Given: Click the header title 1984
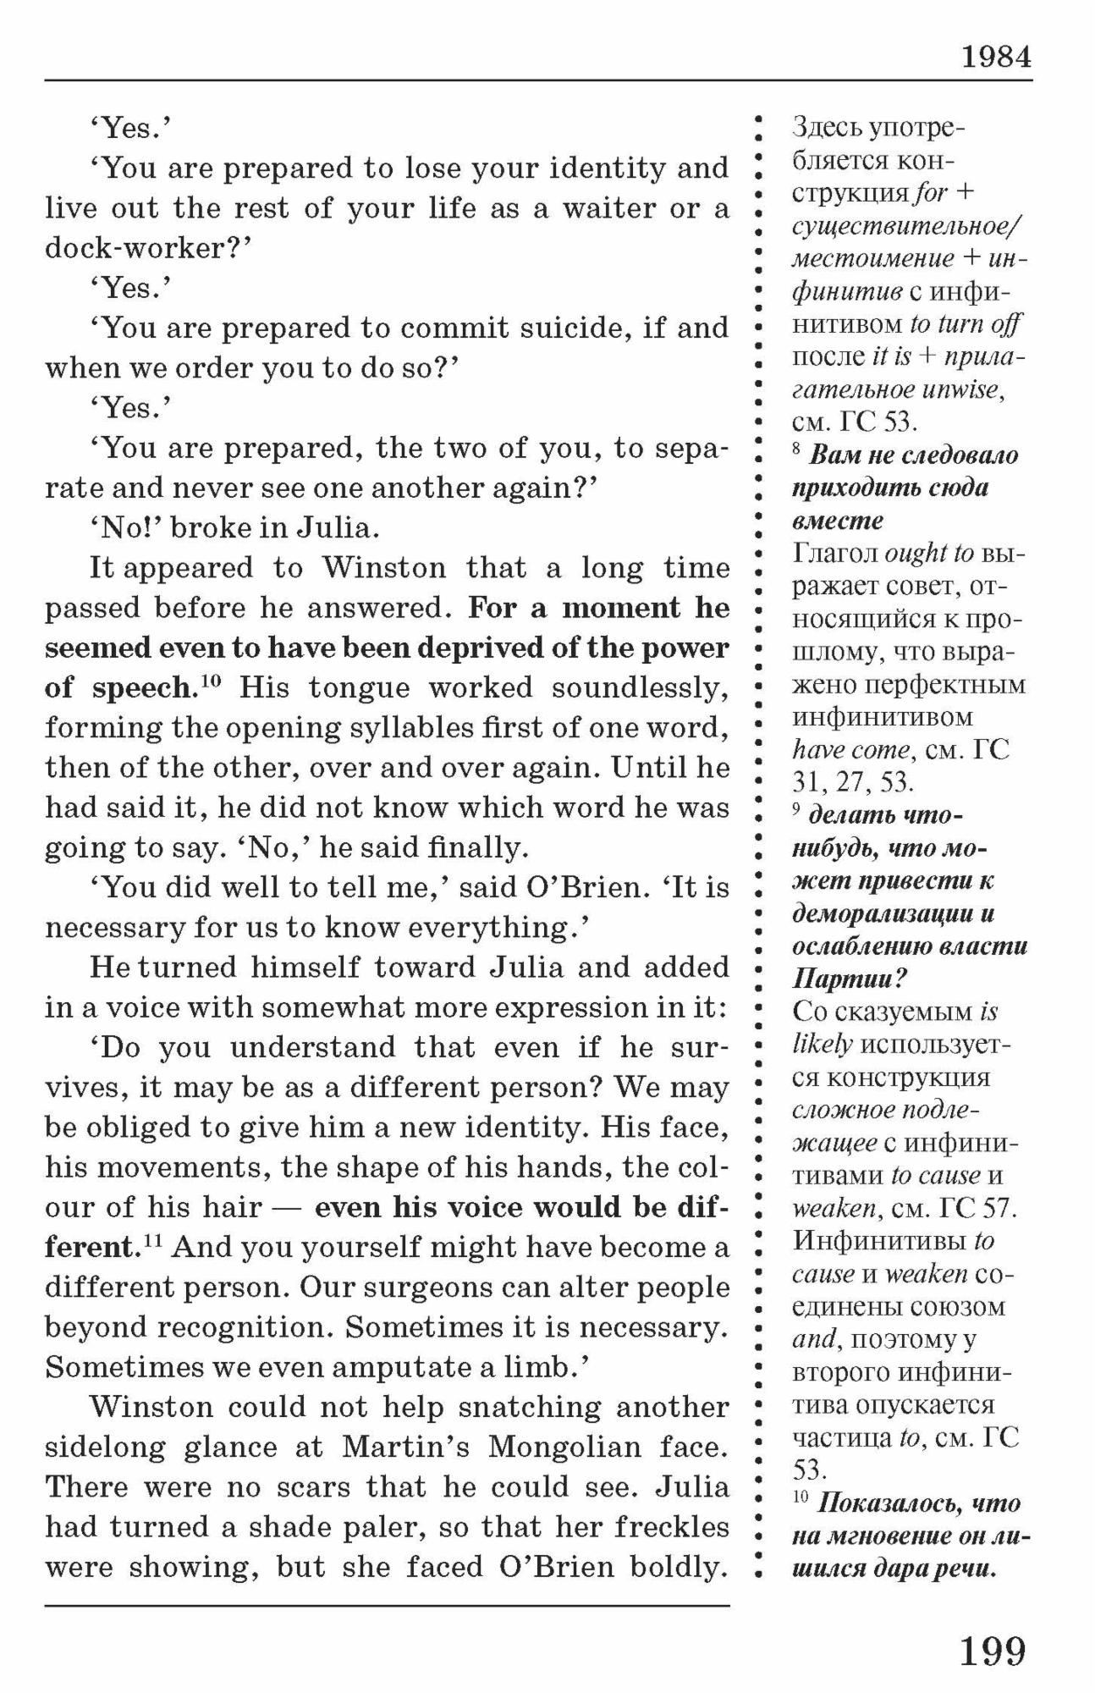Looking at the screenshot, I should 996,57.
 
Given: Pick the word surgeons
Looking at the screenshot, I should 404,1287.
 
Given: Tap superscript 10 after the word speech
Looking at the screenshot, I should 210,680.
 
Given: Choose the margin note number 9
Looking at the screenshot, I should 796,809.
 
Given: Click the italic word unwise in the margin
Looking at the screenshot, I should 968,390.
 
